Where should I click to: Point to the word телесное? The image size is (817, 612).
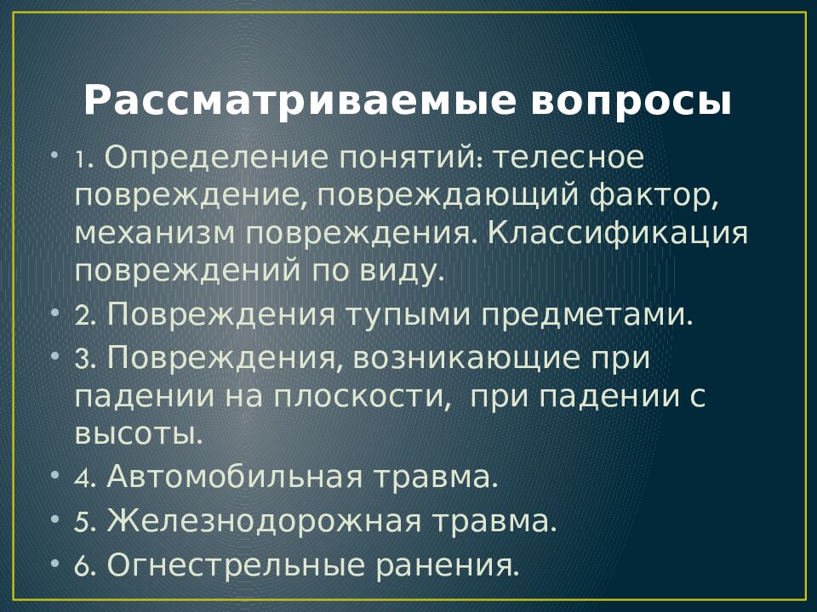click(x=568, y=158)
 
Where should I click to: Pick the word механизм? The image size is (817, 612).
click(x=155, y=235)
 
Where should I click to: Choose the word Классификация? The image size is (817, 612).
click(x=618, y=235)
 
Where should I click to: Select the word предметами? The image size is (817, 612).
click(x=586, y=315)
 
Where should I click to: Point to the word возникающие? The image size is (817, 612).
click(x=466, y=359)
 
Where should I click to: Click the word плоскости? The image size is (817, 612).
click(x=362, y=398)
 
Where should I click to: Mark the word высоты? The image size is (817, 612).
click(x=138, y=434)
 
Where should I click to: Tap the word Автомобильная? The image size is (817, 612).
click(x=234, y=476)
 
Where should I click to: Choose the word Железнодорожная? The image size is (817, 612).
click(x=264, y=520)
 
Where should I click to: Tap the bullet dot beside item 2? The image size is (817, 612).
click(x=55, y=314)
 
